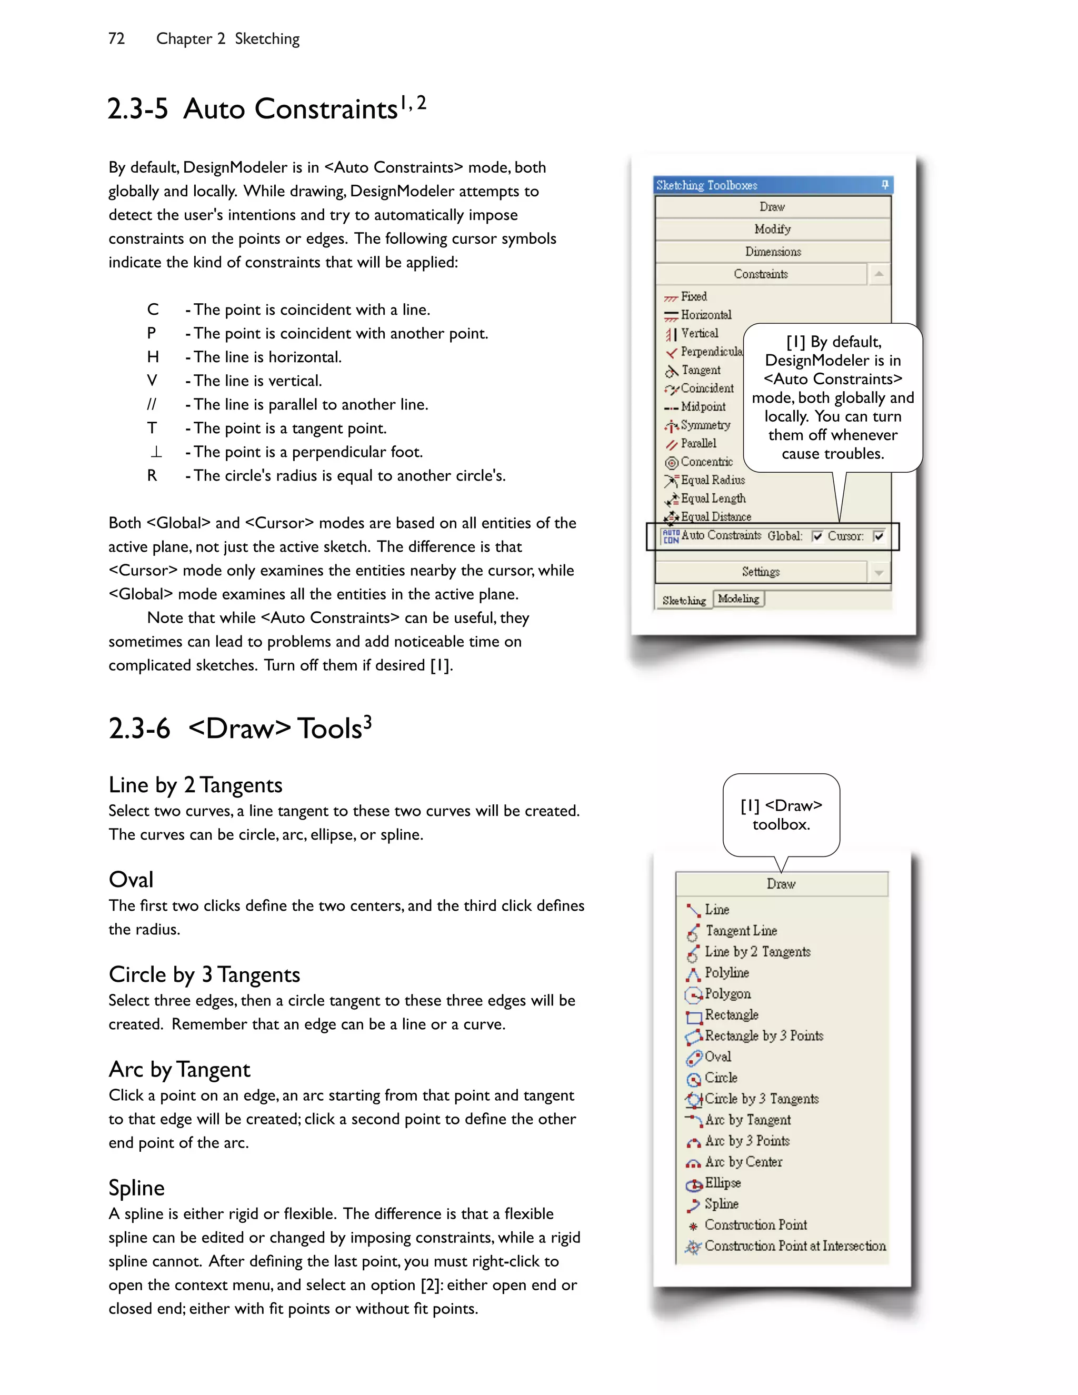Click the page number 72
[x=116, y=39]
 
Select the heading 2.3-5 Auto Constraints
[x=266, y=108]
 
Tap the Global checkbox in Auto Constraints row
[x=817, y=536]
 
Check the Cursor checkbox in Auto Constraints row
[x=879, y=536]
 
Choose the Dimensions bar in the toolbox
[x=772, y=252]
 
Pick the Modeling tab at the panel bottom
[x=738, y=599]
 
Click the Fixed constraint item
[x=694, y=297]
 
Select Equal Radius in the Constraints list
[x=712, y=480]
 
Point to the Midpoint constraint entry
[x=703, y=407]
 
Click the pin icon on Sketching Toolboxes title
[x=884, y=185]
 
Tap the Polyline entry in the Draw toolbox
[x=726, y=973]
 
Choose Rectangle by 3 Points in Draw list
[x=763, y=1036]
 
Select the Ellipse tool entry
[x=722, y=1183]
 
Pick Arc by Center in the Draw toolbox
[x=743, y=1162]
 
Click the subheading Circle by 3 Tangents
[x=204, y=975]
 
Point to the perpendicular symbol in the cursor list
[x=156, y=452]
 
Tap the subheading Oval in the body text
[x=131, y=880]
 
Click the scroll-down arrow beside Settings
[x=879, y=572]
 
